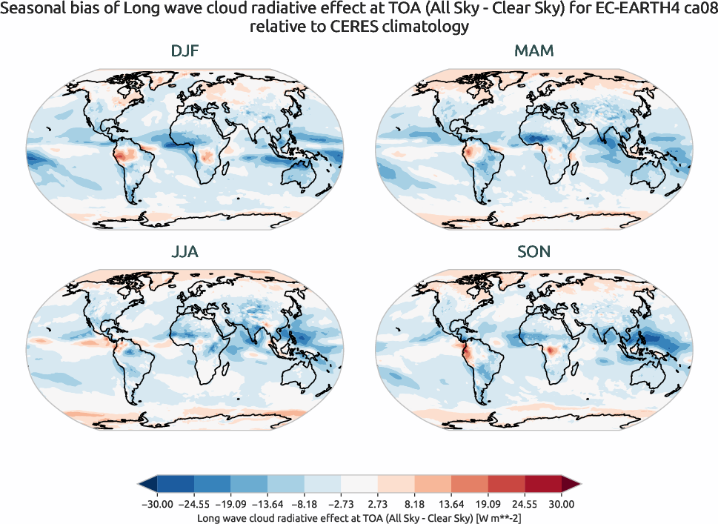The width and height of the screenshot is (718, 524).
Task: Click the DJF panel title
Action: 184,52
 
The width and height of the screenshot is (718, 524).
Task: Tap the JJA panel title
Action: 184,252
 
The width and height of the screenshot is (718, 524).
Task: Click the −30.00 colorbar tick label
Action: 157,504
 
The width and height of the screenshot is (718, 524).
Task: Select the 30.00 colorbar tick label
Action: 562,504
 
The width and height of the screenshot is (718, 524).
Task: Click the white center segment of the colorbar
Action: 359,485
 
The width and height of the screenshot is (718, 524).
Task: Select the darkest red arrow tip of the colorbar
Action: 571,485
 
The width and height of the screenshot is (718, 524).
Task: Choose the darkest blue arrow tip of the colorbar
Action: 147,485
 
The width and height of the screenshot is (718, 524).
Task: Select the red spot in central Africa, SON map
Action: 551,350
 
